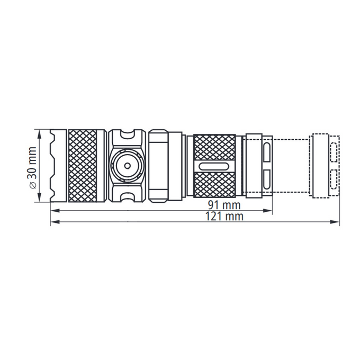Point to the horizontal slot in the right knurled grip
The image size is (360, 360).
214,166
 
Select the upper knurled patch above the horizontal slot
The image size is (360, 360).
214,148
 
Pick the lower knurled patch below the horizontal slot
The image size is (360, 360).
214,183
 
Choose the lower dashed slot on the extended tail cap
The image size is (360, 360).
334,181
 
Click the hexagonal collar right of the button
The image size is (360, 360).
159,166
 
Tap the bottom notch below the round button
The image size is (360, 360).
127,197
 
